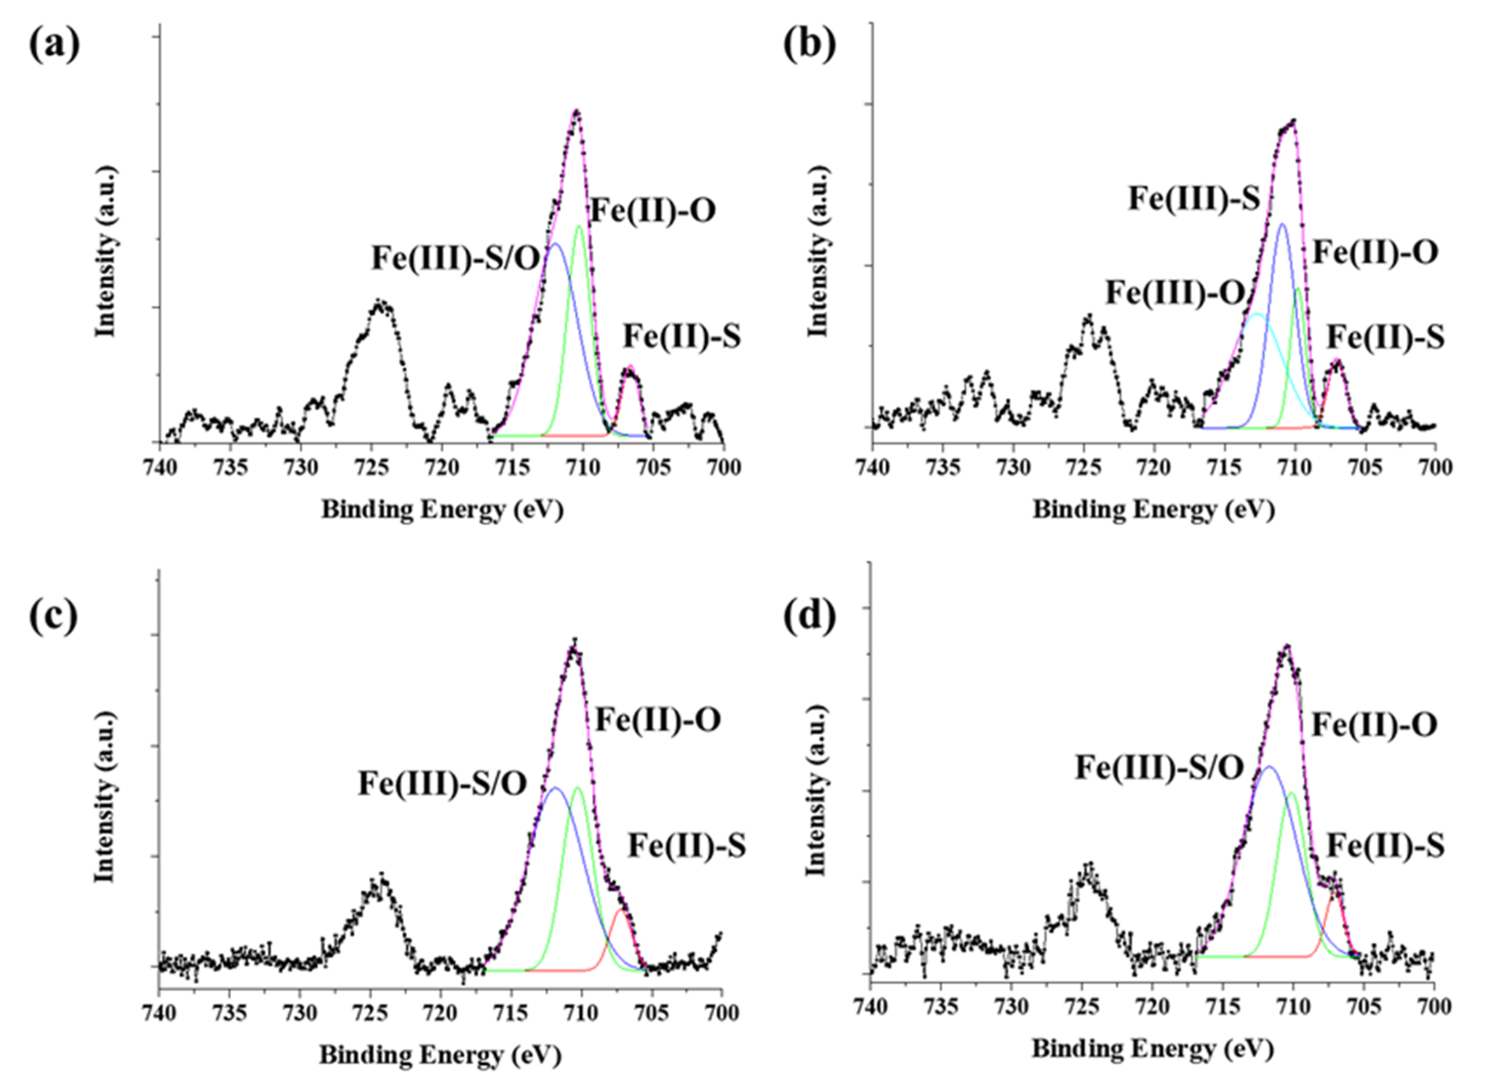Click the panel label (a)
coord(54,45)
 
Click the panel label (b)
coord(809,45)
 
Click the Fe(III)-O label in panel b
coord(1175,293)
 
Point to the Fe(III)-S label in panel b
coord(1194,198)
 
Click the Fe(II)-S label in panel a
coord(682,336)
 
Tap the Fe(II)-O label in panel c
coord(657,720)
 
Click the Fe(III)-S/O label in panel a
coord(455,258)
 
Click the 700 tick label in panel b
coord(1434,467)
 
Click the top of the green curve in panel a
coord(579,226)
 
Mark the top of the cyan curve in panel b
coord(1258,314)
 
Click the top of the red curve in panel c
coord(621,910)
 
